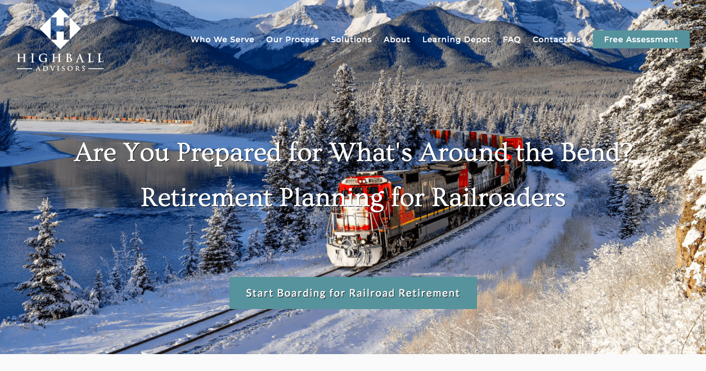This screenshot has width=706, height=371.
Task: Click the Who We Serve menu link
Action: click(x=222, y=39)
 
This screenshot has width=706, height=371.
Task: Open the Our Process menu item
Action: click(x=293, y=39)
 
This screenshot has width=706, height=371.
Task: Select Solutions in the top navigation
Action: click(x=351, y=39)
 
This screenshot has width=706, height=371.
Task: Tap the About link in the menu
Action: click(x=397, y=39)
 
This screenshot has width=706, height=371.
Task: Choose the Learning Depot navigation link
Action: click(x=457, y=39)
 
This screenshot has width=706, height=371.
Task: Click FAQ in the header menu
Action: click(x=512, y=39)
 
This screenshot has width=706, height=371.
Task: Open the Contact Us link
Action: click(x=556, y=39)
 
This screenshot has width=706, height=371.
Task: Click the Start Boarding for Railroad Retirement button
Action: click(x=353, y=293)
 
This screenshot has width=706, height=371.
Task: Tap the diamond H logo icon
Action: click(x=60, y=28)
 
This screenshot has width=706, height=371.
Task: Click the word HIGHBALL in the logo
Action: click(x=60, y=58)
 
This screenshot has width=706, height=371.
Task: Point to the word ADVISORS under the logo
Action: click(x=60, y=69)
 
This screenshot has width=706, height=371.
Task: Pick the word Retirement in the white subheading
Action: click(x=206, y=198)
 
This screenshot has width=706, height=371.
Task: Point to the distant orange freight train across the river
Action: click(x=113, y=120)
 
